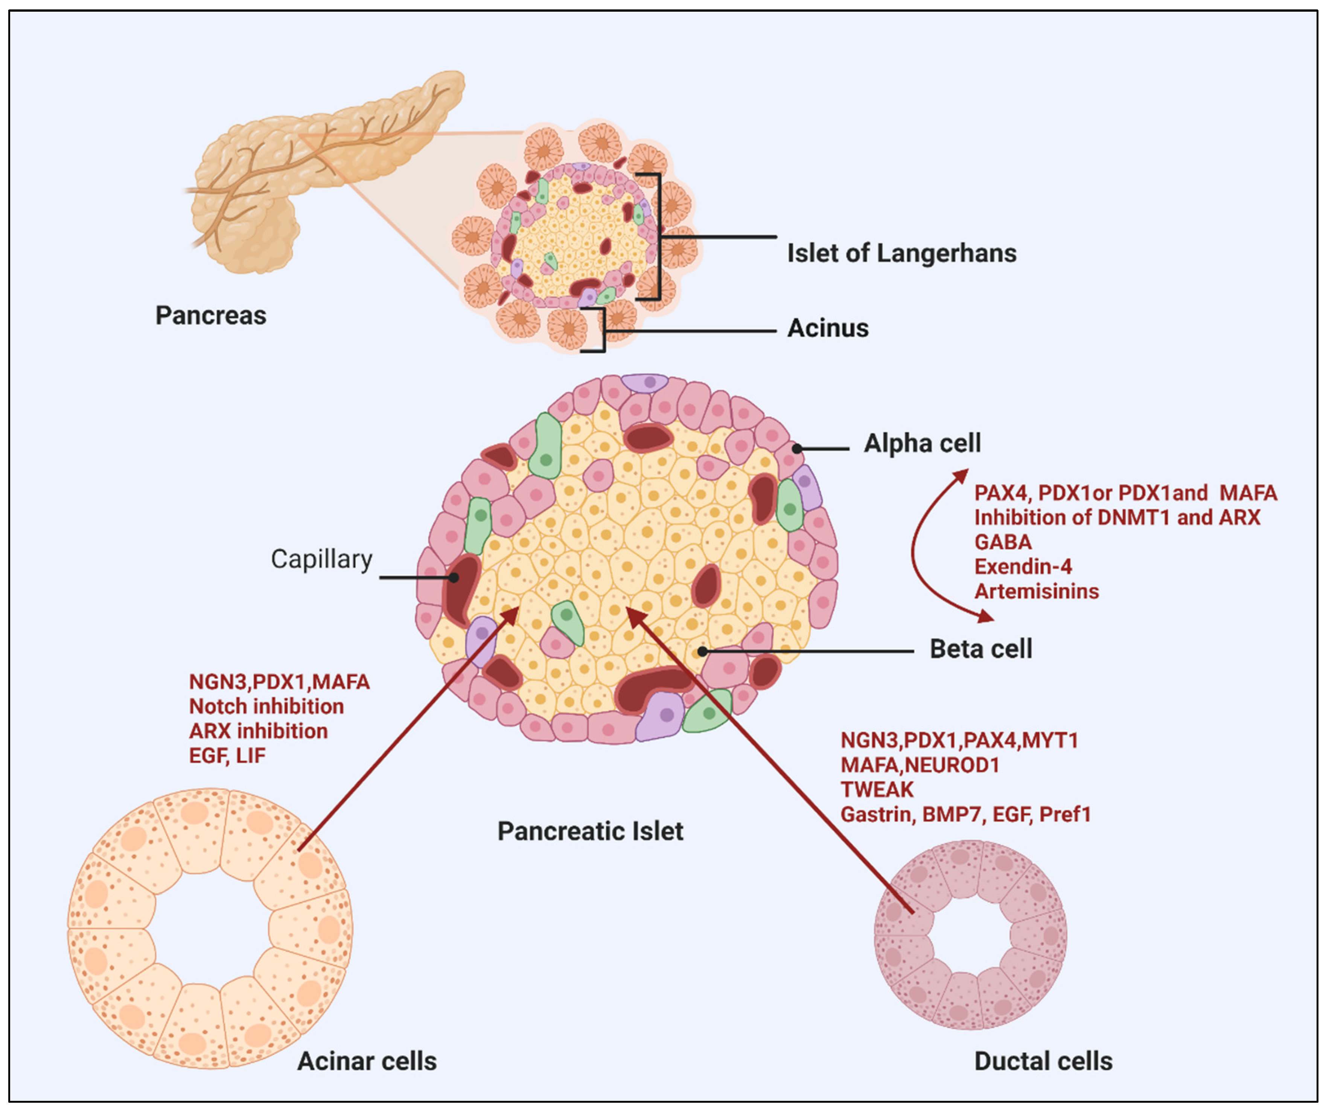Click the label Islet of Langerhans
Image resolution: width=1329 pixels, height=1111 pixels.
901,253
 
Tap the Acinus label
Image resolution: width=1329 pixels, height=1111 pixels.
827,328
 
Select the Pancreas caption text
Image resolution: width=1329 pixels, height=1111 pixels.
211,315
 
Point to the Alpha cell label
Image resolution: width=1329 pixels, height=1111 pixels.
922,443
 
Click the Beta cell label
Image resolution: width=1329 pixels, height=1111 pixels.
980,649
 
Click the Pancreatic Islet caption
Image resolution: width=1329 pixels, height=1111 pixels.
590,831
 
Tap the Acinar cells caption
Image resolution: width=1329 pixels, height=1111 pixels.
367,1061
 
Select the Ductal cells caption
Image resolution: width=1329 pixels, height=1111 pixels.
1043,1061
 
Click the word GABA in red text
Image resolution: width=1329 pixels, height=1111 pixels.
1002,542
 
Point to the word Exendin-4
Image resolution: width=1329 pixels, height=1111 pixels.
1023,566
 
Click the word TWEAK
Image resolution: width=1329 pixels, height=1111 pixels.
877,790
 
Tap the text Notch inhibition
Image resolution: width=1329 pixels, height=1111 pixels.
266,706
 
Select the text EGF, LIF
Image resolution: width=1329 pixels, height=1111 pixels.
227,755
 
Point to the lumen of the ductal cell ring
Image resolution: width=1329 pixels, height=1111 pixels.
971,935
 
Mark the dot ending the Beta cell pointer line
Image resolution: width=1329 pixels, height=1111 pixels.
702,651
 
